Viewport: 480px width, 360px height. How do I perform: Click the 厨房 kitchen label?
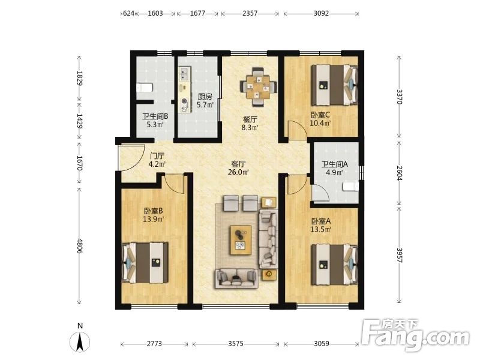205,97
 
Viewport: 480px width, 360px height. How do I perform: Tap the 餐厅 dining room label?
250,119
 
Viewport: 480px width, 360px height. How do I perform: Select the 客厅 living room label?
238,164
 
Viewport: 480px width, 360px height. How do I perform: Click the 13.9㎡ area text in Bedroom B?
154,219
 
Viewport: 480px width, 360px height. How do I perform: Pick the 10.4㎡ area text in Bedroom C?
320,124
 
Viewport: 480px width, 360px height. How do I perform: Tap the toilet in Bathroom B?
144,88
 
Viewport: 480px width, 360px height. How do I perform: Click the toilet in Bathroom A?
350,187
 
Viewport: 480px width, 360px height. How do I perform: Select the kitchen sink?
184,73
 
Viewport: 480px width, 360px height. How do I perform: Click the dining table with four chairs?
259,86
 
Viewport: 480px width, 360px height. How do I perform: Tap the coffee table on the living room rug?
241,240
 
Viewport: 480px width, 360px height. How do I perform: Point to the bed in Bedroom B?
145,263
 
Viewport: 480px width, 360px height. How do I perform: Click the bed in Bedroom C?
334,85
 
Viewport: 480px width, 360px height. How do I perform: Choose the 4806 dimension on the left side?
79,246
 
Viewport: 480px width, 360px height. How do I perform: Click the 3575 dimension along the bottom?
236,344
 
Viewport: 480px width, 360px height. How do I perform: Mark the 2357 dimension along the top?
250,13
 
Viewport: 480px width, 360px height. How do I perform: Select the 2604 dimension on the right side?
399,173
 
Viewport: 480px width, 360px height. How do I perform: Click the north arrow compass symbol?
80,341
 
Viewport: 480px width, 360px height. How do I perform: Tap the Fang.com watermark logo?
415,335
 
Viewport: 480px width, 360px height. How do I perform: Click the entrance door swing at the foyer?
132,158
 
